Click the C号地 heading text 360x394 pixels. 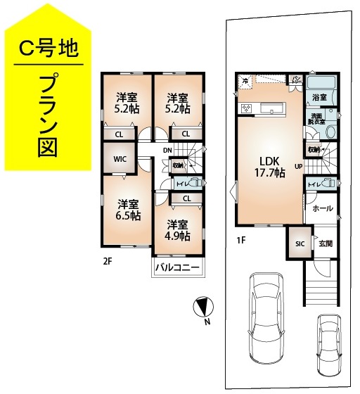click(x=47, y=49)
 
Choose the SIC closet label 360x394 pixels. click(x=300, y=243)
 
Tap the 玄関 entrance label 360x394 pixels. click(x=325, y=243)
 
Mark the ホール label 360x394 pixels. click(x=322, y=208)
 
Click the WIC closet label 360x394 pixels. click(x=120, y=159)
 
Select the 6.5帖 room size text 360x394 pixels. click(x=129, y=215)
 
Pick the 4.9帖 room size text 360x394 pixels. click(x=178, y=236)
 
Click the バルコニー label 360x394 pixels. click(x=178, y=268)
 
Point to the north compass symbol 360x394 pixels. click(x=202, y=307)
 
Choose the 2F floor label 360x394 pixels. click(x=107, y=260)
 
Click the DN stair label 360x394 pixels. click(x=167, y=150)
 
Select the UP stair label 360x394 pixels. click(x=299, y=167)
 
